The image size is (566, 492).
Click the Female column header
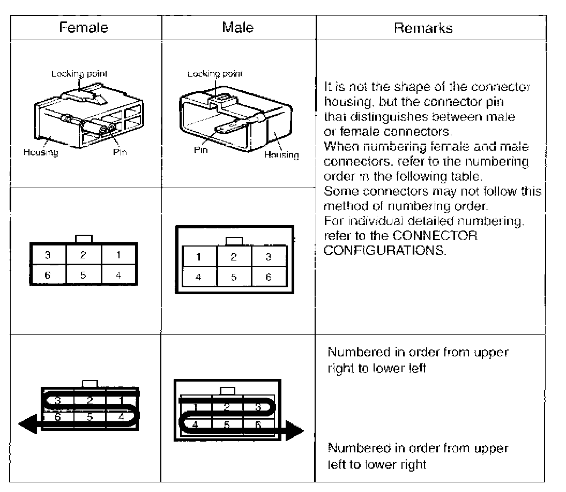click(x=84, y=27)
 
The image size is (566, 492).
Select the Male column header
click(x=237, y=27)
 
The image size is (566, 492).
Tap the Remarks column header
click(x=423, y=28)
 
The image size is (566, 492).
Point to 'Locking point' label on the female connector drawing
click(x=75, y=74)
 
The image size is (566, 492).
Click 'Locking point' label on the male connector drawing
click(x=215, y=74)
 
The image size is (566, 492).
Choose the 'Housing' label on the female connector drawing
click(x=41, y=152)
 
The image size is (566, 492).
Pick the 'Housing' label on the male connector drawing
click(x=281, y=155)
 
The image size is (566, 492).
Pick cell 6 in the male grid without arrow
click(x=269, y=277)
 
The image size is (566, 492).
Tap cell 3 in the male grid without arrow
click(x=269, y=257)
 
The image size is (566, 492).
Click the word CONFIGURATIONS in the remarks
click(x=385, y=249)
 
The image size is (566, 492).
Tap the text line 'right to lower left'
click(x=377, y=369)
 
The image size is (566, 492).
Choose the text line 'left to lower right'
click(x=377, y=464)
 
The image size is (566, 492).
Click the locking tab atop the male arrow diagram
click(x=228, y=391)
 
